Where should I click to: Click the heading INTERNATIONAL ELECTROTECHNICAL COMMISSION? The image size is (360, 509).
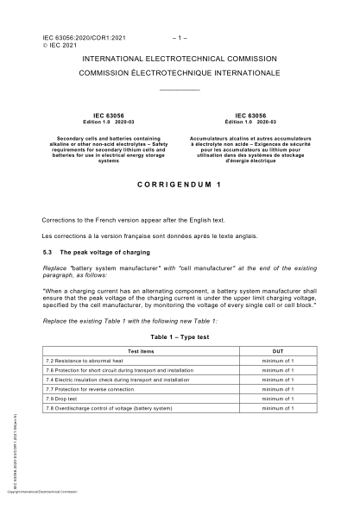179,59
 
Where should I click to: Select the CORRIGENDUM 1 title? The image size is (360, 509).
179,185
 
